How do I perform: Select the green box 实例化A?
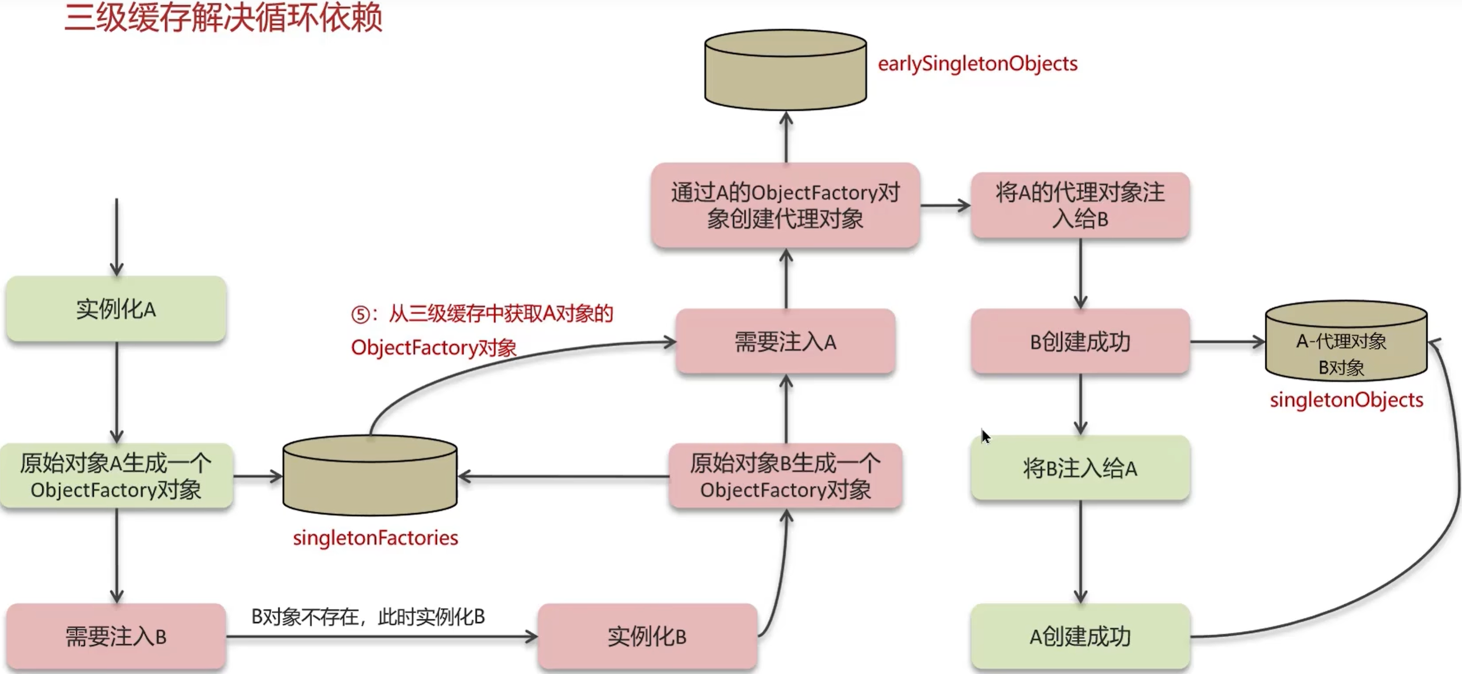[116, 309]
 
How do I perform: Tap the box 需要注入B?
[116, 636]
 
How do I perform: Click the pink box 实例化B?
[647, 636]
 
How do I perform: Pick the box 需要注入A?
[786, 342]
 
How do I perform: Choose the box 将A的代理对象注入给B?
[1080, 205]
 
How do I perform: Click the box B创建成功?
[1080, 342]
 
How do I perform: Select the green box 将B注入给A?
[1080, 469]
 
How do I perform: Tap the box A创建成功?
[1080, 636]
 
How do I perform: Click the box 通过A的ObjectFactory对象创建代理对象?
[786, 205]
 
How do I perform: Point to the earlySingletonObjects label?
[977, 64]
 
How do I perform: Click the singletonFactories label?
[375, 537]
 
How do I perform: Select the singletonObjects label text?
[1346, 400]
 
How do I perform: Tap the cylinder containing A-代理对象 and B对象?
[1346, 342]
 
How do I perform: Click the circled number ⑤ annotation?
[360, 314]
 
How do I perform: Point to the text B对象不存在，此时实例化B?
[368, 617]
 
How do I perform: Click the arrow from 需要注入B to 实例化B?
[380, 636]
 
